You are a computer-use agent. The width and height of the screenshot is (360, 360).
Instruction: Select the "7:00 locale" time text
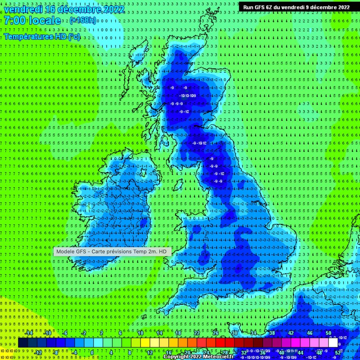32,21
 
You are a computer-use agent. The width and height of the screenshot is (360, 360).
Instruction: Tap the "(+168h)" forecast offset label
83,20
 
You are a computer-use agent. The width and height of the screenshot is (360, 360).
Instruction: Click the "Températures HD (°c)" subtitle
42,37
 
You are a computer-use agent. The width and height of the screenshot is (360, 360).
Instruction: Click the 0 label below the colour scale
92,353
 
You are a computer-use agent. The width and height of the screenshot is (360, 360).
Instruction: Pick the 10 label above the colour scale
140,333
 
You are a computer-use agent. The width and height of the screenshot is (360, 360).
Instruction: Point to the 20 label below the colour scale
188,353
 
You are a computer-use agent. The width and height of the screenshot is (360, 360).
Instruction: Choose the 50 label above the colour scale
328,333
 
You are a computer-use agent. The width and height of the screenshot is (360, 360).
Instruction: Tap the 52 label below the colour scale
338,353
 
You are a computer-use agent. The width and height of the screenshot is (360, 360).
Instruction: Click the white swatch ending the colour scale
333,343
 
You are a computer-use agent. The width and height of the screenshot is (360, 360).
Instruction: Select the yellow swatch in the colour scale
145,343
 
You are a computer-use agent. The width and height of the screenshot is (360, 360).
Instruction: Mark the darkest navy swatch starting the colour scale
23,343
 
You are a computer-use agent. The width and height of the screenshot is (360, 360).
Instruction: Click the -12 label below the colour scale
38,353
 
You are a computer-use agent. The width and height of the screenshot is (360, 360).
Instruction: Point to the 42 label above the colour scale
291,333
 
